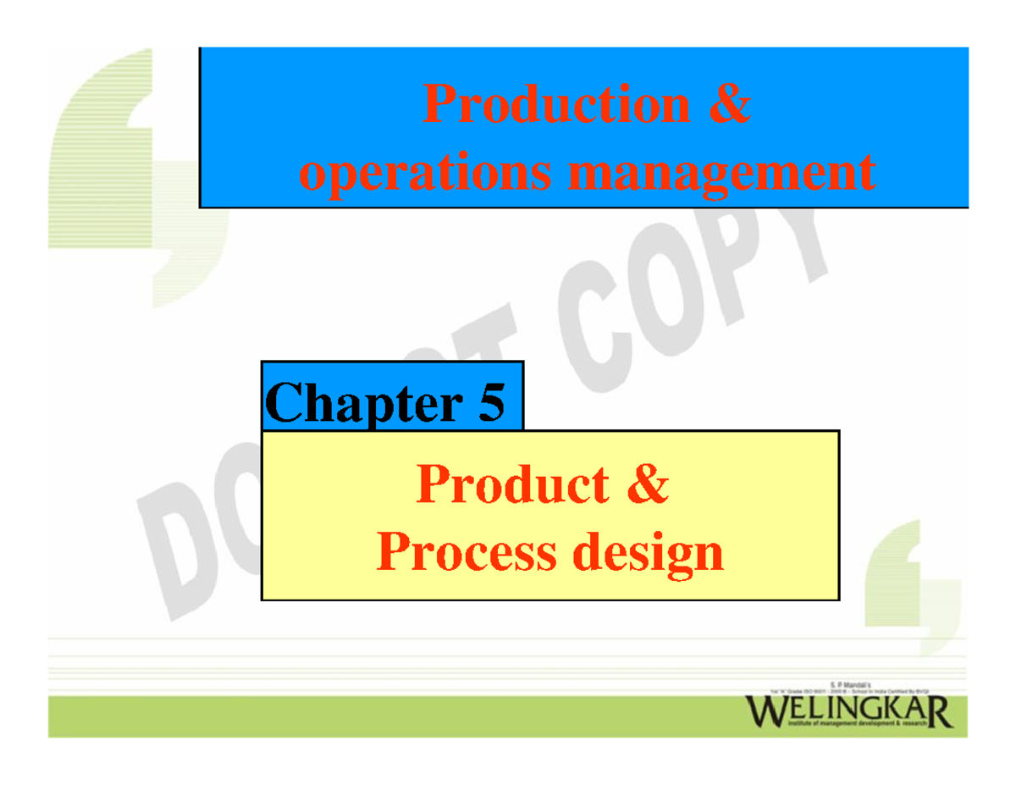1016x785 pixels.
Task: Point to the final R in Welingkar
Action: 937,712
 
